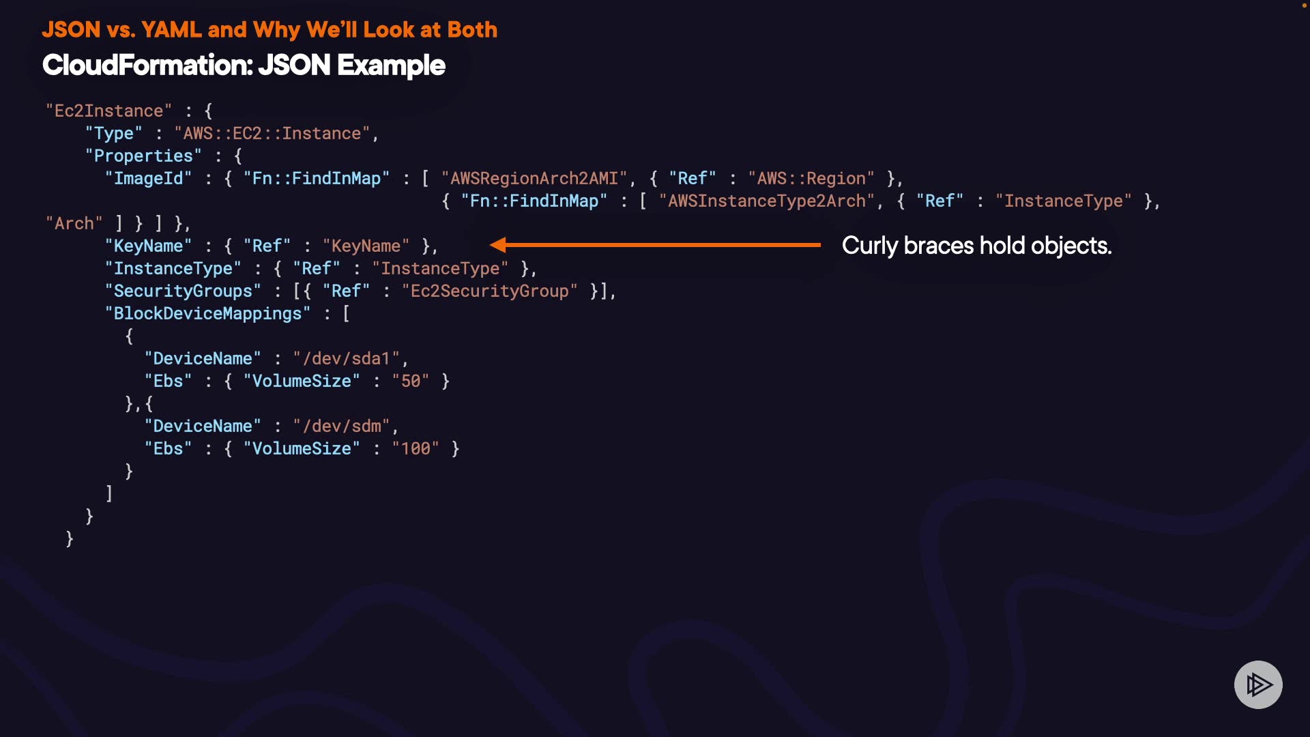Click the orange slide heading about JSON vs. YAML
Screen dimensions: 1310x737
click(x=270, y=30)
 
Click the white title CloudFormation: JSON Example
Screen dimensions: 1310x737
click(x=244, y=66)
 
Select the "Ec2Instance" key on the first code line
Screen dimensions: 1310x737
click(x=108, y=111)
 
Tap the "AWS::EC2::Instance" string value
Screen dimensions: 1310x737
click(x=272, y=133)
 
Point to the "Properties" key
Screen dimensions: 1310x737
click(x=143, y=156)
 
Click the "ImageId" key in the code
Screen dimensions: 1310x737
click(x=148, y=178)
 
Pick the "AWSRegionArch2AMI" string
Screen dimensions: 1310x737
click(x=534, y=178)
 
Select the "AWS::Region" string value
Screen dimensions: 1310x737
click(x=811, y=178)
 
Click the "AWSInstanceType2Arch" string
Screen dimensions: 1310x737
click(x=766, y=201)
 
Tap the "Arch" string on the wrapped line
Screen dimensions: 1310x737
click(x=74, y=223)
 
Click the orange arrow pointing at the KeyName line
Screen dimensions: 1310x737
click(x=655, y=244)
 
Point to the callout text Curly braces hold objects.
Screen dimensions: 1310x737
click(x=976, y=246)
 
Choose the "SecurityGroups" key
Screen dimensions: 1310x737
click(x=183, y=291)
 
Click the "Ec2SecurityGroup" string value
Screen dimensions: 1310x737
click(x=489, y=291)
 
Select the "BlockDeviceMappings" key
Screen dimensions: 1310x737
click(x=207, y=313)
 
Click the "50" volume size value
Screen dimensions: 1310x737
click(x=410, y=381)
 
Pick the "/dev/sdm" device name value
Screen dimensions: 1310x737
click(x=341, y=426)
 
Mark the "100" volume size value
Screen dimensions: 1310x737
click(x=415, y=448)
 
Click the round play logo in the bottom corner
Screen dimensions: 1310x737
click(x=1258, y=684)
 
